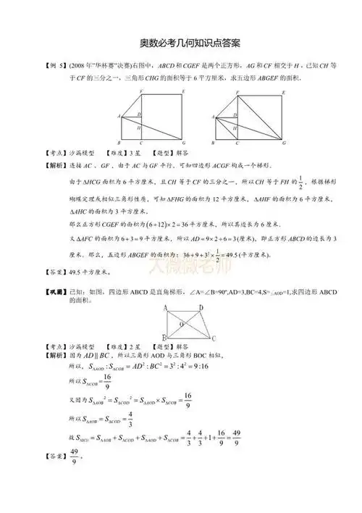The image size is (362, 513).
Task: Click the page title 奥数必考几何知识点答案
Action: tap(181, 44)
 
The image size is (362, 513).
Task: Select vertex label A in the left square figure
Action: tap(118, 116)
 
